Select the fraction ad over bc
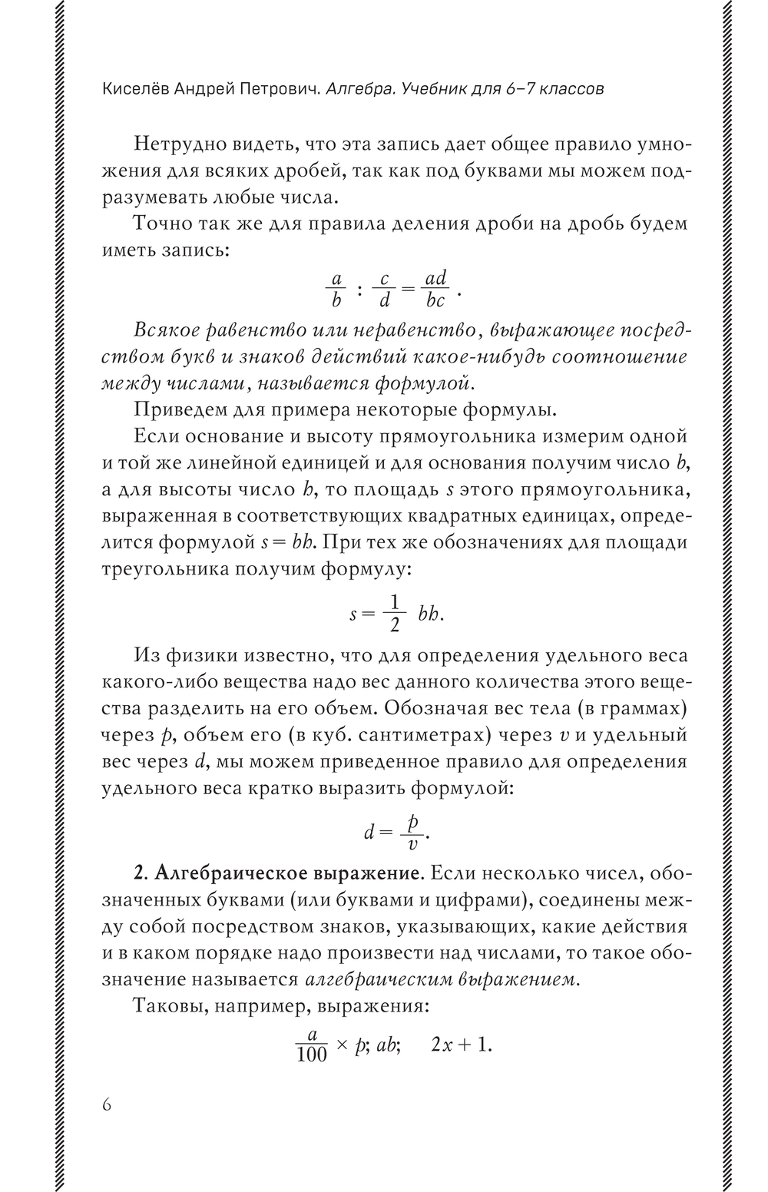tap(435, 290)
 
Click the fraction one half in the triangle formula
tap(394, 613)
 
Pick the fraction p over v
tap(412, 832)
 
